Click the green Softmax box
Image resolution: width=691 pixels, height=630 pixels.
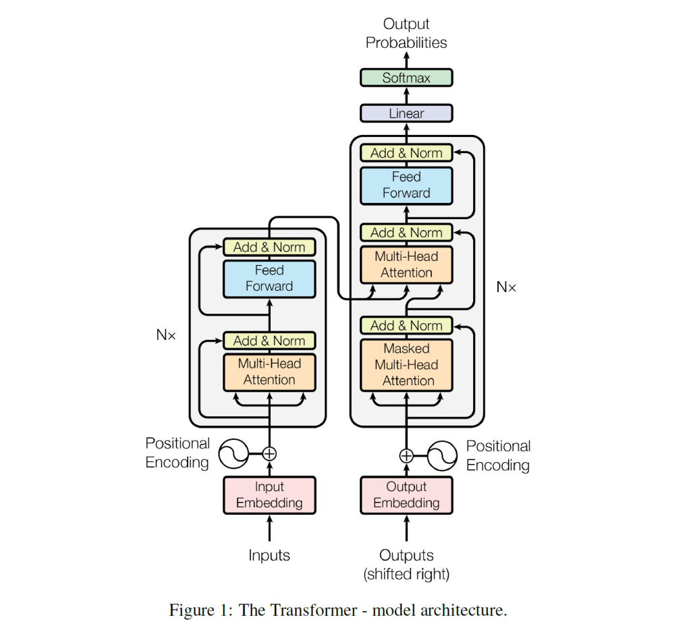point(406,78)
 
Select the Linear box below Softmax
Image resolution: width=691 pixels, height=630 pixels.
point(406,113)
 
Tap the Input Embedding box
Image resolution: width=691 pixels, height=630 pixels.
point(269,494)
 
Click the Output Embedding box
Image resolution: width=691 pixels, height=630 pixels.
point(406,494)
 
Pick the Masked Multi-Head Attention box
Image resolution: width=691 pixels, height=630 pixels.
point(406,365)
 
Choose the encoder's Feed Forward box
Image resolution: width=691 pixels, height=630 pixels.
point(269,278)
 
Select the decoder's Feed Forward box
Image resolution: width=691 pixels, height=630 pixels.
point(406,185)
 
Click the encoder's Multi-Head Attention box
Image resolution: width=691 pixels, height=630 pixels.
point(269,372)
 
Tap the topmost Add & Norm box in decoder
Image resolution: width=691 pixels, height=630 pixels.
point(406,153)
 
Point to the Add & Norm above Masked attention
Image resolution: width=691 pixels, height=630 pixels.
point(406,326)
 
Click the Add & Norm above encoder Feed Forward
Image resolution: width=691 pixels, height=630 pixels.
point(269,247)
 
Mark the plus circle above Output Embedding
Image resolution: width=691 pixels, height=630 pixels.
point(406,456)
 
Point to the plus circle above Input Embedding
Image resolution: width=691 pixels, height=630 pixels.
point(269,454)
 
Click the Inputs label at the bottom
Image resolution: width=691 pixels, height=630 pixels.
point(269,555)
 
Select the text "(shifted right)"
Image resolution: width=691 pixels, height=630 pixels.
point(406,574)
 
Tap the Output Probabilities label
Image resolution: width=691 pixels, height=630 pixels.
point(406,33)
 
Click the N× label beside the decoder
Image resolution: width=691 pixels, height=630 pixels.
point(506,287)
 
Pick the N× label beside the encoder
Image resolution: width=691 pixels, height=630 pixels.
point(165,335)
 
